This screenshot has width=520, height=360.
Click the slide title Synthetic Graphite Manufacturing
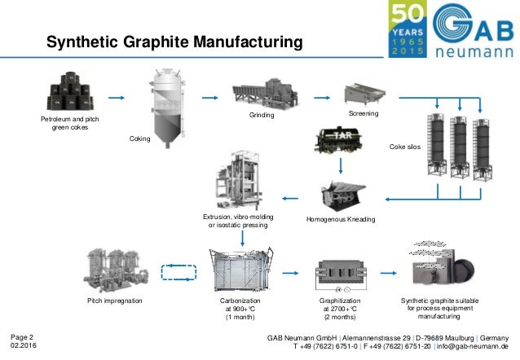click(x=173, y=41)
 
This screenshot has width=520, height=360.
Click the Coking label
click(x=141, y=139)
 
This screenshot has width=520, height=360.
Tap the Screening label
click(x=364, y=113)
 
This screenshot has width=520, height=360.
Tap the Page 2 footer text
click(x=22, y=336)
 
